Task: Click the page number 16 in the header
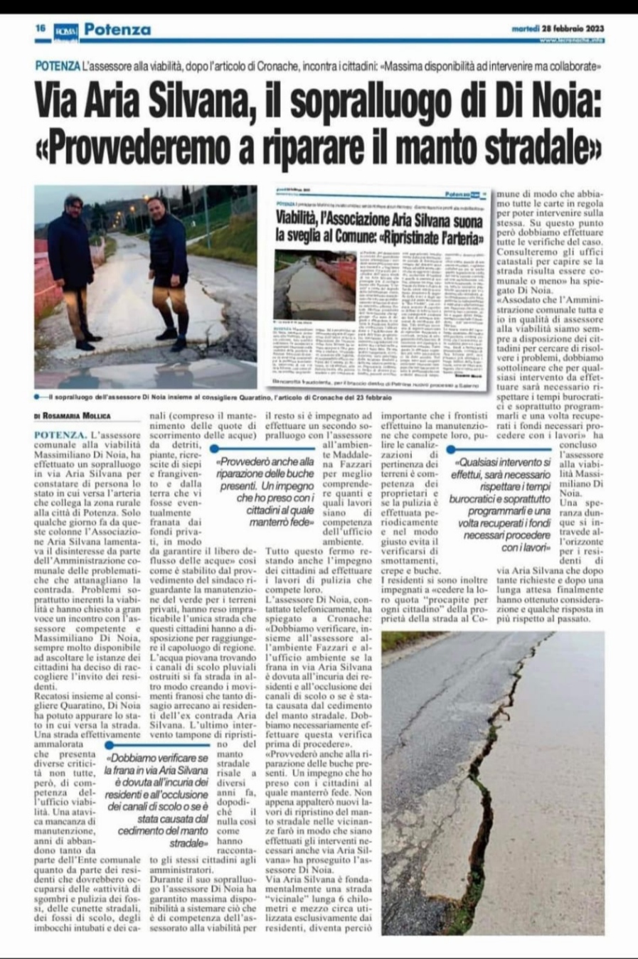coord(41,29)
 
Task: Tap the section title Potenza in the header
coord(117,30)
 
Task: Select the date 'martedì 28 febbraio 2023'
coord(558,29)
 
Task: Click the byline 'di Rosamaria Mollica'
coord(72,416)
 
